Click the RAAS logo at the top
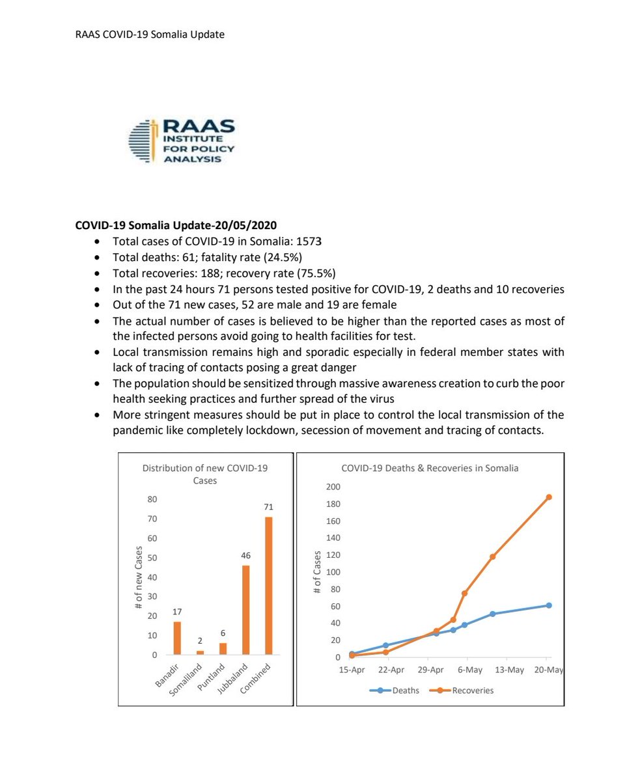point(182,141)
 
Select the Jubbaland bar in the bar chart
point(246,610)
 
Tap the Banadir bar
point(177,638)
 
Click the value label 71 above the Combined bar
point(268,506)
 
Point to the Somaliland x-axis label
point(189,681)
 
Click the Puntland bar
point(223,648)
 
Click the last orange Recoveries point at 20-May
point(549,497)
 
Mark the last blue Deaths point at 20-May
point(549,605)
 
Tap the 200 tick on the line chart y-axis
point(333,487)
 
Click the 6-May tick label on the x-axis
point(469,670)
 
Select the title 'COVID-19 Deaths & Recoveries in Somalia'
point(430,468)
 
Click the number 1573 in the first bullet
point(310,241)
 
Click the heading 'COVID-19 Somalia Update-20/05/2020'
point(176,226)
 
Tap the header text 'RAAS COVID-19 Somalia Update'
point(150,34)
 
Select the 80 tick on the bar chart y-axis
point(152,499)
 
